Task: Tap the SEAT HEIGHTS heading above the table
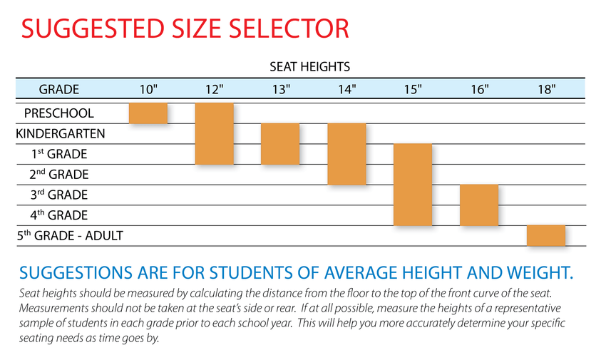(x=309, y=67)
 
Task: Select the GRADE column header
(x=59, y=89)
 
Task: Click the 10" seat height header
(x=148, y=89)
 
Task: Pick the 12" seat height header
(x=215, y=89)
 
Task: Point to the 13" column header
(x=281, y=89)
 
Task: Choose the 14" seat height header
(x=347, y=89)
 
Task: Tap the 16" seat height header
(x=479, y=89)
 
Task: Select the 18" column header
(x=545, y=89)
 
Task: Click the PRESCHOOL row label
(x=59, y=113)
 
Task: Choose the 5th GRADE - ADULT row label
(x=70, y=235)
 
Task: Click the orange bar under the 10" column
(x=148, y=113)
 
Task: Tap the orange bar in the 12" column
(x=215, y=133)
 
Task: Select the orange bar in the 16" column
(x=479, y=205)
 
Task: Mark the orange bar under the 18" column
(x=545, y=235)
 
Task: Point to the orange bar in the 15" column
(x=413, y=185)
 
